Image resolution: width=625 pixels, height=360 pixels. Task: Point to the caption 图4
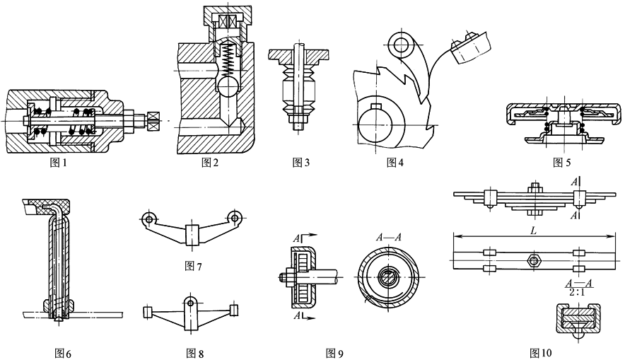click(x=395, y=162)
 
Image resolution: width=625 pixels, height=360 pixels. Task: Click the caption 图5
click(x=563, y=162)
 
